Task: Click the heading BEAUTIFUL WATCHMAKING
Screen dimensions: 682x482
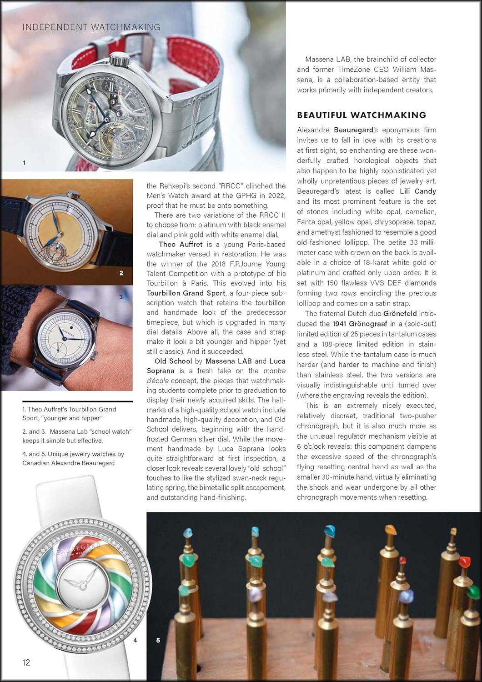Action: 361,115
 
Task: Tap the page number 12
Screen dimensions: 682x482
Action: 26,662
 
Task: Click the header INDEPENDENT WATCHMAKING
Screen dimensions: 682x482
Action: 91,27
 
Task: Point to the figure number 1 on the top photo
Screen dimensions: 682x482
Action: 24,162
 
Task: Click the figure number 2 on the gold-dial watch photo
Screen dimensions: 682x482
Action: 121,273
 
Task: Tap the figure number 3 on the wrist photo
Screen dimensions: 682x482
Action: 121,297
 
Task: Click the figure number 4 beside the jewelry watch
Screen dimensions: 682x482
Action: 135,640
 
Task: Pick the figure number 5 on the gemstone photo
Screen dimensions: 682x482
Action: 158,640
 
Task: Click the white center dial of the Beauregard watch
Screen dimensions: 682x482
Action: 75,582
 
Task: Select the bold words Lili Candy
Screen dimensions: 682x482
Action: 418,191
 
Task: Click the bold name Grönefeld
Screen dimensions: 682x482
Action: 400,314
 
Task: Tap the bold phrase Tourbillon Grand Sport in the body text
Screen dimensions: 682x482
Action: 186,293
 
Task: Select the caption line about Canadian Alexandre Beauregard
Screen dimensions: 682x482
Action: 68,463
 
